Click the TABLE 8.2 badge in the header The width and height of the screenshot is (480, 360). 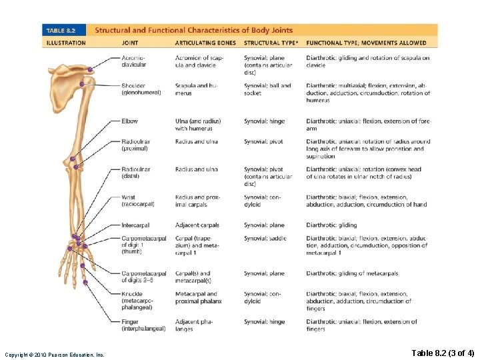(65, 31)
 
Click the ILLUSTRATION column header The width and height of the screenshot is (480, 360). (66, 43)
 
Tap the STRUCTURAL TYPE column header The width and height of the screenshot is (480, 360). (269, 43)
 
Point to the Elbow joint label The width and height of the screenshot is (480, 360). (130, 121)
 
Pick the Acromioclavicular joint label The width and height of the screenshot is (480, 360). (134, 61)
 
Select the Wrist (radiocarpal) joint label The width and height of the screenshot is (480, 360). (137, 201)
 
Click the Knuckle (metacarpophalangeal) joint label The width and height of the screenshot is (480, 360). (139, 301)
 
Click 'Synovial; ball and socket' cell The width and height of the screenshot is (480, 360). (267, 89)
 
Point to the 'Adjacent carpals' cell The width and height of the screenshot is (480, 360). (197, 225)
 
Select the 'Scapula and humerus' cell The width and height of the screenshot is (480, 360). (196, 89)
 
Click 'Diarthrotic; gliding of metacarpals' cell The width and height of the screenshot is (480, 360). (352, 273)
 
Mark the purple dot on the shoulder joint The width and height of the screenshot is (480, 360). (81, 84)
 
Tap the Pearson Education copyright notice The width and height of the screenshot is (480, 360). (55, 355)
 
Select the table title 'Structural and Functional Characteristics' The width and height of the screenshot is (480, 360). (193, 31)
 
